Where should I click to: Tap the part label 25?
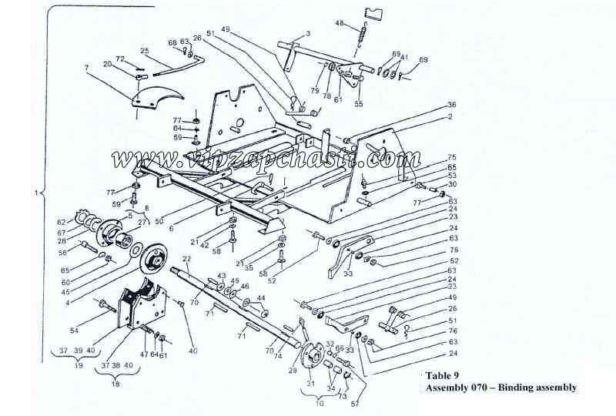[x=144, y=51]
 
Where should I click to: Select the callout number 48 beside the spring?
[x=340, y=24]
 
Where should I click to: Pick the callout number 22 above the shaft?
[x=186, y=258]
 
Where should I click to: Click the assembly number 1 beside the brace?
[x=37, y=192]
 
